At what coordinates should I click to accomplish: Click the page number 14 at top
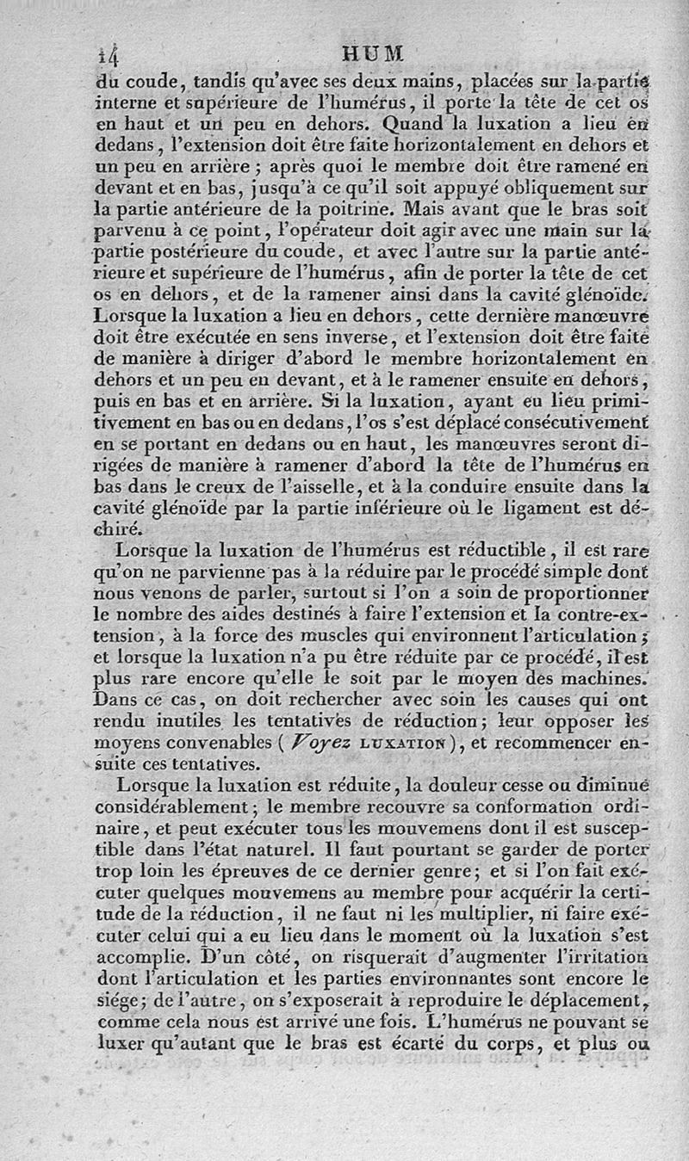tap(109, 56)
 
